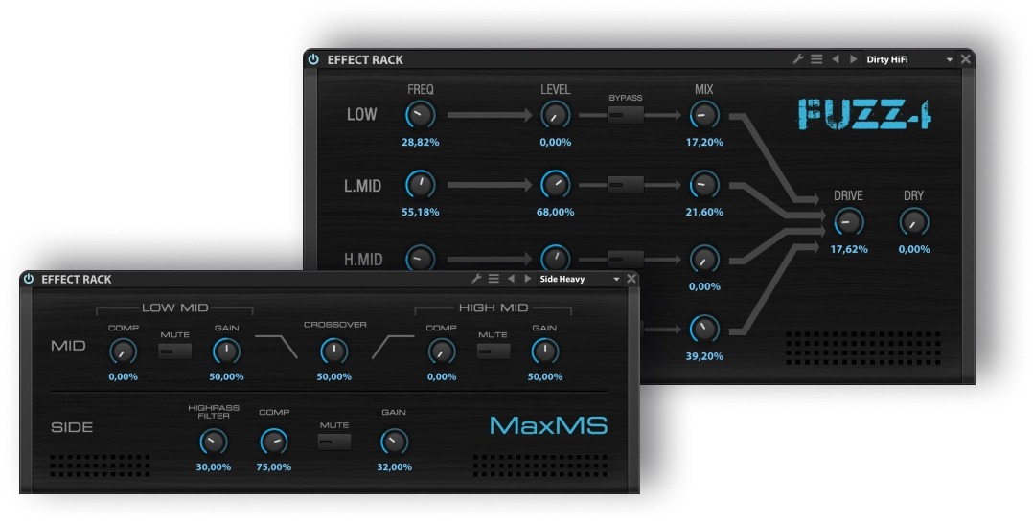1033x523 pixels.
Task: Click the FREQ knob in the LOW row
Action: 420,115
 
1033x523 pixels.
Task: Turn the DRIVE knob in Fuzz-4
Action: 848,222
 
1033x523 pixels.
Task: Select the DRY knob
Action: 914,222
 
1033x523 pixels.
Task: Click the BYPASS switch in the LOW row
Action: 626,115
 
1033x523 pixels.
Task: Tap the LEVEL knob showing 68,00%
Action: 555,184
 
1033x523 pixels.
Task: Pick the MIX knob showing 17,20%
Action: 704,115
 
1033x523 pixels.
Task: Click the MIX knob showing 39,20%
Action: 704,330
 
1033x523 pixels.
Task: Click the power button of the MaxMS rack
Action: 29,279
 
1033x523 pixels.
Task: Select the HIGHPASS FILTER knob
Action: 214,442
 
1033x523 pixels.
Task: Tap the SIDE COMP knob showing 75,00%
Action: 274,442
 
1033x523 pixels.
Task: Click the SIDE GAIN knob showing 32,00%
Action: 394,442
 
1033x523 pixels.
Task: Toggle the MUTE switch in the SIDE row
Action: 334,442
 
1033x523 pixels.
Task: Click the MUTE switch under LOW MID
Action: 175,351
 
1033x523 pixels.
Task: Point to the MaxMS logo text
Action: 548,425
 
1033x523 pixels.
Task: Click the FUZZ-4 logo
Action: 864,114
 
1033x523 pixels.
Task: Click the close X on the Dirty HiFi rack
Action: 965,59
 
